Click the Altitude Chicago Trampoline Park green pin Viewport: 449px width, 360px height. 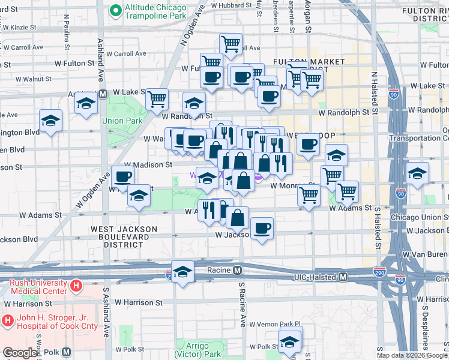[113, 11]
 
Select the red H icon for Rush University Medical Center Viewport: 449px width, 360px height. [76, 286]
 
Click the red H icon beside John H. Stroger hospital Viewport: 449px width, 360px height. [8, 321]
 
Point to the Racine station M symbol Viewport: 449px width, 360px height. [238, 270]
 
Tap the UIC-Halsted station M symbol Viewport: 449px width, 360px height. [343, 277]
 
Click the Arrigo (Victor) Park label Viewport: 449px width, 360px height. [196, 350]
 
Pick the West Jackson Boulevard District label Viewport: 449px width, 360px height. [124, 233]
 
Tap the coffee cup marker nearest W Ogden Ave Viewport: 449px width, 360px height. [122, 176]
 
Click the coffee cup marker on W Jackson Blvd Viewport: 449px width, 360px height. [262, 229]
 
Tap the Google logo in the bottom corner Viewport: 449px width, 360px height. [20, 353]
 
